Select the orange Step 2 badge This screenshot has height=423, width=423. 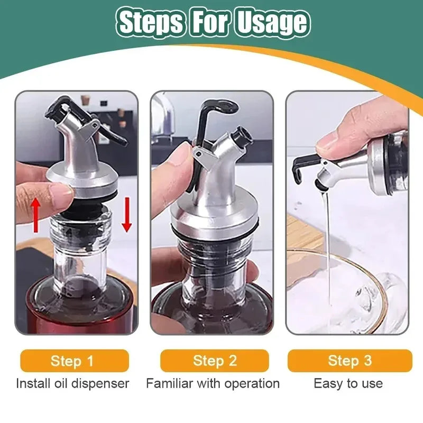click(x=214, y=361)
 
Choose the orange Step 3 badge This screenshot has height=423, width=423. click(x=350, y=361)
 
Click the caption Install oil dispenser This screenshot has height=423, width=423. click(x=72, y=383)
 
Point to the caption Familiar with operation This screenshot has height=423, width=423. click(x=213, y=383)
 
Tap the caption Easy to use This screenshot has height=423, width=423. click(x=348, y=383)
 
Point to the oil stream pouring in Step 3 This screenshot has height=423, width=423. click(x=328, y=238)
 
